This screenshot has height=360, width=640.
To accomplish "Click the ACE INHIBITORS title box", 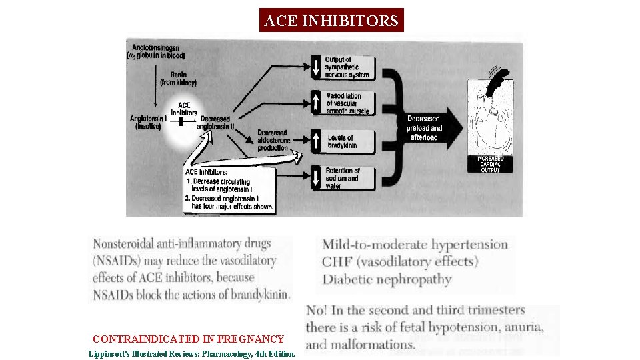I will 331,21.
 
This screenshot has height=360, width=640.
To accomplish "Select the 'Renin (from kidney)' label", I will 177,79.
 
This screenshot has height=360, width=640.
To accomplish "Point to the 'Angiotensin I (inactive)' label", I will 147,123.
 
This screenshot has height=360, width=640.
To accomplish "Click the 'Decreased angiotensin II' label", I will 217,123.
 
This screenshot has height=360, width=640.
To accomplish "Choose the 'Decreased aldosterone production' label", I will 273,140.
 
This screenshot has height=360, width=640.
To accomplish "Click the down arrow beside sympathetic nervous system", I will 316,67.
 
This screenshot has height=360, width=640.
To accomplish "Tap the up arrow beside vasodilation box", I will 316,103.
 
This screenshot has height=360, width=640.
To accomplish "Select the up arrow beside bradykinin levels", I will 316,141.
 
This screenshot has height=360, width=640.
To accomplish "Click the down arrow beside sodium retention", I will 316,178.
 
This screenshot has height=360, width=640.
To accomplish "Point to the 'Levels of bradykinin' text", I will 342,142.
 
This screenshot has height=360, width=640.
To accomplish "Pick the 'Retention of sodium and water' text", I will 343,178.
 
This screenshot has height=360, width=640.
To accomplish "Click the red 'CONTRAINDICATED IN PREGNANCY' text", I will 188,339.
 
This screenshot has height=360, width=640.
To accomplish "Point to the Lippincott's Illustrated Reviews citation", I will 192,353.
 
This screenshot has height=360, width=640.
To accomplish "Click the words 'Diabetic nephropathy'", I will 387,279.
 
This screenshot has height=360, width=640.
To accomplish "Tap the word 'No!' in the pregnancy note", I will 317,311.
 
